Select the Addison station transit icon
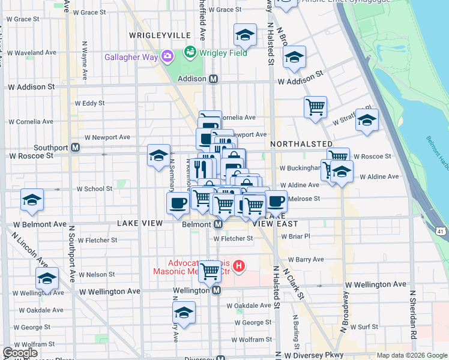(x=213, y=79)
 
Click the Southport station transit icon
(x=75, y=147)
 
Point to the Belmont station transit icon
(x=218, y=224)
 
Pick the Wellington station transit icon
(x=217, y=290)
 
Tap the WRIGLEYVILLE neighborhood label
(x=160, y=36)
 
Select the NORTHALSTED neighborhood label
(x=301, y=145)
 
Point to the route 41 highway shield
(x=441, y=230)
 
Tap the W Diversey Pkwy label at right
(x=312, y=355)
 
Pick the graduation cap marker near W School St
(x=32, y=200)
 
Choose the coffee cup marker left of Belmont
(x=178, y=202)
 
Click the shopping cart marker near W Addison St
(x=315, y=107)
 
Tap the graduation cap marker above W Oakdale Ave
(x=184, y=312)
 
